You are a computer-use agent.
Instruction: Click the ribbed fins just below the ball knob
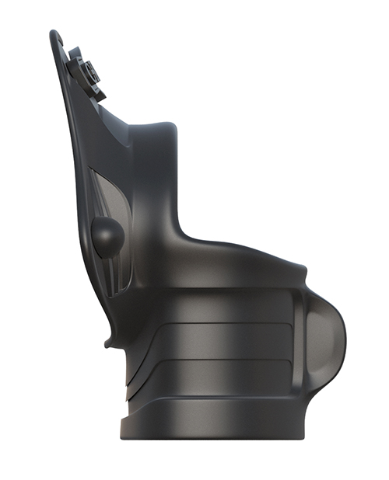(114, 272)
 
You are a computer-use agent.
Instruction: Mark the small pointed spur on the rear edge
(106, 339)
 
